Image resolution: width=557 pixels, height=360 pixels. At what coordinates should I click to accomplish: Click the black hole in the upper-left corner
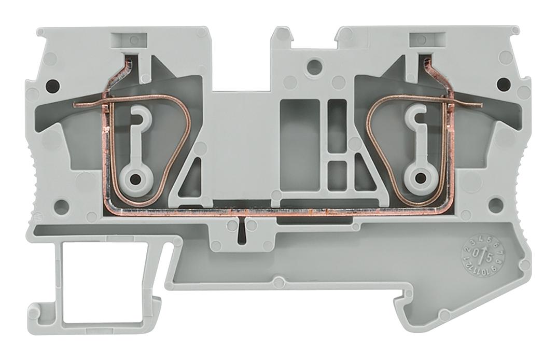(52, 84)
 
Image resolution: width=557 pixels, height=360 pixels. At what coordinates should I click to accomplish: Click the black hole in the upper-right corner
(502, 83)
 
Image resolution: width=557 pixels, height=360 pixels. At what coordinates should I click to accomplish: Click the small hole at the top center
(313, 66)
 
